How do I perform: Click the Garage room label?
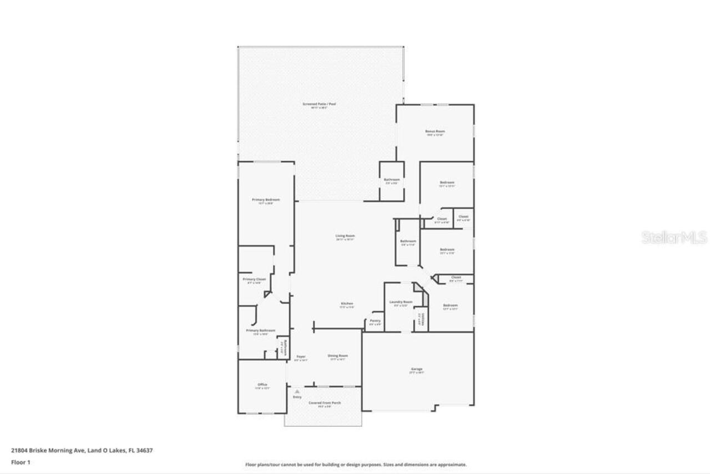click(x=417, y=369)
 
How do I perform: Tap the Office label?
click(x=262, y=385)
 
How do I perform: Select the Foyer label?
click(x=301, y=356)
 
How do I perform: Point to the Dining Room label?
click(x=338, y=356)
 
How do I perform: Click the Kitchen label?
click(x=347, y=304)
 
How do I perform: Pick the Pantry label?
click(x=375, y=320)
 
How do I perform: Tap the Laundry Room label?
click(x=400, y=302)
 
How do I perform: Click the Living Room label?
click(x=344, y=236)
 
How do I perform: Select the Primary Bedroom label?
click(x=266, y=200)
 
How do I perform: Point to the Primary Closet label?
click(x=254, y=279)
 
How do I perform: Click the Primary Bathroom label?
click(x=260, y=330)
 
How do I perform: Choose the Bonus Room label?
click(x=435, y=131)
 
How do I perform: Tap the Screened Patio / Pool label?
click(x=319, y=104)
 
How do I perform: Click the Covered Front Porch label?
click(x=324, y=402)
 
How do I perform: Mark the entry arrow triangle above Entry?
click(x=297, y=391)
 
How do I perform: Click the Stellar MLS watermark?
click(x=674, y=237)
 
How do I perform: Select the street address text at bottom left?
click(x=82, y=451)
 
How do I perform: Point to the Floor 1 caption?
click(x=21, y=462)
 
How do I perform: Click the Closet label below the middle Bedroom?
click(x=455, y=277)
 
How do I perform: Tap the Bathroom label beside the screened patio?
click(x=392, y=180)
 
